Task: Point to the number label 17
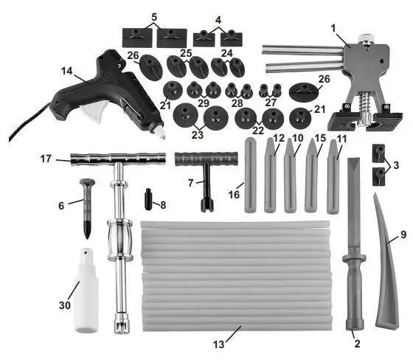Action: pos(46,158)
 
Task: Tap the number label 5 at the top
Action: pos(154,16)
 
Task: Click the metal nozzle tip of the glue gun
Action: pos(158,134)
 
